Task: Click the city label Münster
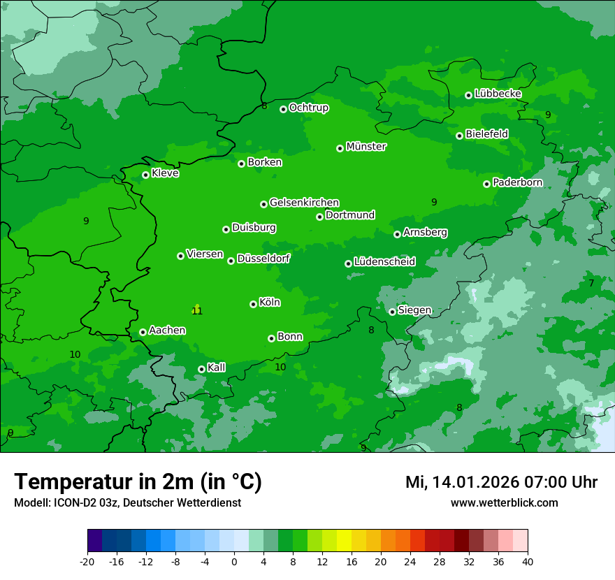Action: pyautogui.click(x=366, y=147)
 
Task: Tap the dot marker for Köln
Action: pyautogui.click(x=253, y=304)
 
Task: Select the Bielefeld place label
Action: pyautogui.click(x=487, y=133)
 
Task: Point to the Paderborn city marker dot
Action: pyautogui.click(x=486, y=184)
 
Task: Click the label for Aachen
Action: pyautogui.click(x=167, y=331)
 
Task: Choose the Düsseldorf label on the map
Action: pyautogui.click(x=263, y=259)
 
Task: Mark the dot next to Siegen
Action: pyautogui.click(x=392, y=312)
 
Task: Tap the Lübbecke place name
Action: pyautogui.click(x=498, y=94)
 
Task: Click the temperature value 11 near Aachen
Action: pyautogui.click(x=197, y=311)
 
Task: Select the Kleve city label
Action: pyautogui.click(x=165, y=173)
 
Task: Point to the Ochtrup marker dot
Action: pyautogui.click(x=283, y=109)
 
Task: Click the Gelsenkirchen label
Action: pyautogui.click(x=304, y=203)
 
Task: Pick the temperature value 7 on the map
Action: pyautogui.click(x=591, y=283)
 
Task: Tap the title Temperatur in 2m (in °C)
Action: pyautogui.click(x=138, y=482)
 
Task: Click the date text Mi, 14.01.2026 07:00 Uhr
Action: pyautogui.click(x=501, y=482)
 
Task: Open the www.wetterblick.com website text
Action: pyautogui.click(x=504, y=502)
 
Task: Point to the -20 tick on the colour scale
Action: pyautogui.click(x=87, y=561)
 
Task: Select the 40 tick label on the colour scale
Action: pyautogui.click(x=528, y=561)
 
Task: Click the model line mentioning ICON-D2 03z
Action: pyautogui.click(x=127, y=502)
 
